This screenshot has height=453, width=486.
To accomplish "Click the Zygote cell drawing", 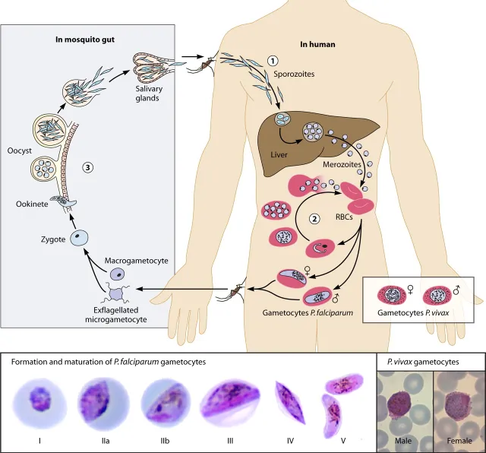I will (x=80, y=239).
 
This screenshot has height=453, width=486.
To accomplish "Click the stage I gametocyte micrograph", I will (x=37, y=395).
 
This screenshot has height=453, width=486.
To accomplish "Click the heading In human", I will (x=316, y=43).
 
